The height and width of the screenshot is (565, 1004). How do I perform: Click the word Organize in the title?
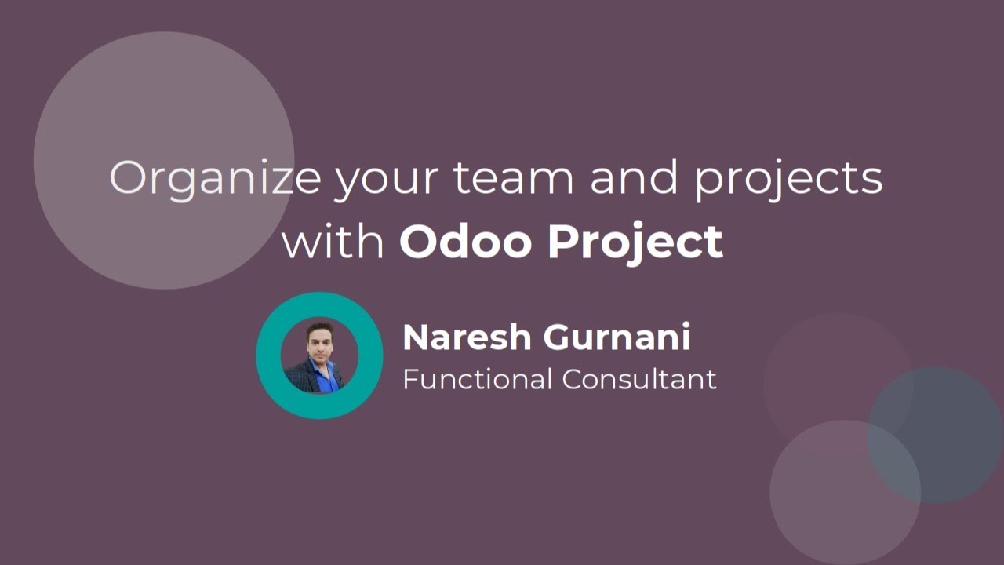pos(214,178)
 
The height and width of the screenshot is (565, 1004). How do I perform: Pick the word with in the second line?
pos(333,241)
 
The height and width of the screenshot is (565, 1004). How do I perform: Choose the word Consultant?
pos(638,379)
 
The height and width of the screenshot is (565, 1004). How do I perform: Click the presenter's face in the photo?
pos(321,343)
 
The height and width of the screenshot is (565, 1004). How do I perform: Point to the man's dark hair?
pos(320,327)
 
